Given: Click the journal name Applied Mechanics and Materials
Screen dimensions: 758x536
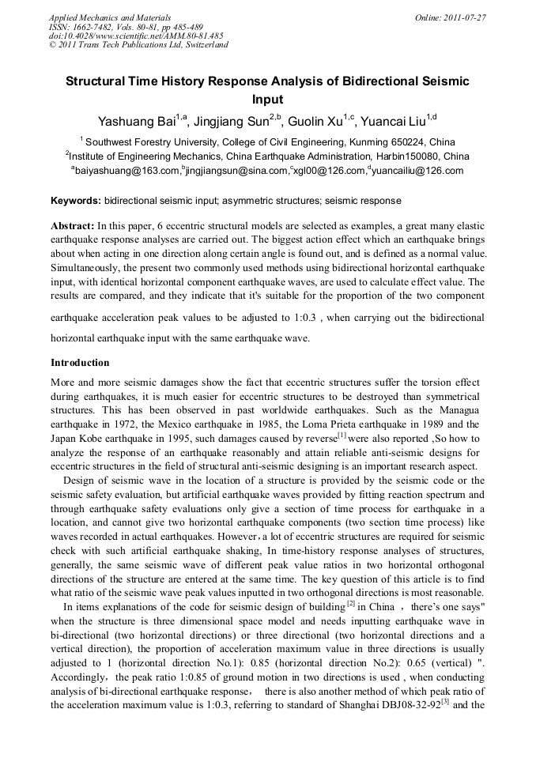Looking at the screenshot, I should coord(110,17).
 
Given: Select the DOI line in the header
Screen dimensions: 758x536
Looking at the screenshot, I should coord(136,36).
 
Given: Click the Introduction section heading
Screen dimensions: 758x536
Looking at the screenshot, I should coord(80,363).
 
